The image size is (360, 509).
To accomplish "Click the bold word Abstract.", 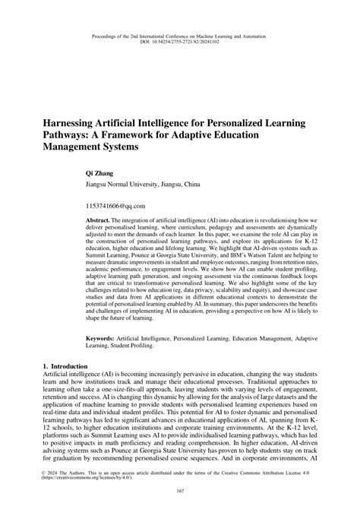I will tap(105, 218).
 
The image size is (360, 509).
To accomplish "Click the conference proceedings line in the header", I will tap(180, 34).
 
